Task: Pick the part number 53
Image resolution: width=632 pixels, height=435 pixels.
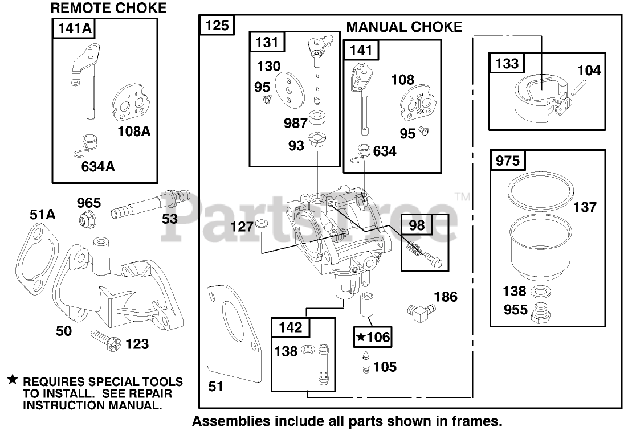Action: (x=170, y=218)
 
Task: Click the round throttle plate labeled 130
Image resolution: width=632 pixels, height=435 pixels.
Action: (x=288, y=88)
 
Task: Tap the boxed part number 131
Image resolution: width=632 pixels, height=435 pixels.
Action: (x=267, y=42)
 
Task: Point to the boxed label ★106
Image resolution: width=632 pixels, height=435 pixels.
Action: (x=373, y=337)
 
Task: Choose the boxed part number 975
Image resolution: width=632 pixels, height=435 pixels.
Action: (x=508, y=161)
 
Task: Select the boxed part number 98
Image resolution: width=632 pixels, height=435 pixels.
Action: (x=417, y=225)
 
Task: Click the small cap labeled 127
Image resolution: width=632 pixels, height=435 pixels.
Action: (x=263, y=222)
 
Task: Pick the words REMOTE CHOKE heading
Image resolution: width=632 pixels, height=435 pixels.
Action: (x=109, y=8)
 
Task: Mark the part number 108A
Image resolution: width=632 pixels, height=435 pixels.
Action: (x=134, y=132)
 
